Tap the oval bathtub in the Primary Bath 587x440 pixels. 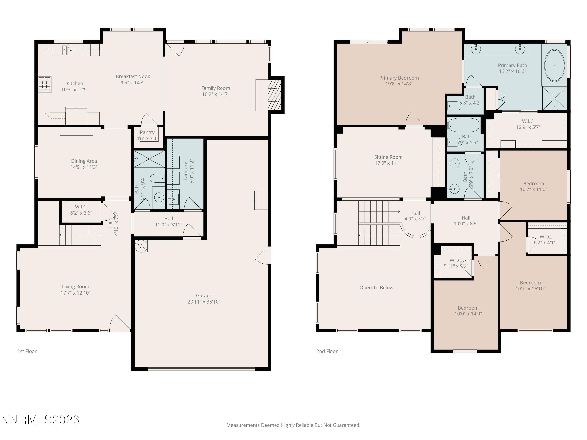(x=554, y=66)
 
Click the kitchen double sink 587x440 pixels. (x=68, y=50)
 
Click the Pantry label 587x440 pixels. (x=147, y=132)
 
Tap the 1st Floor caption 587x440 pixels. (x=27, y=351)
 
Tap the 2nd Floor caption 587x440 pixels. (x=327, y=351)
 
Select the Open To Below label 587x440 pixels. (x=376, y=287)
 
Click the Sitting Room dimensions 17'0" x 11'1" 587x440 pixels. (x=388, y=163)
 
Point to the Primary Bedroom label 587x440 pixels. (x=399, y=78)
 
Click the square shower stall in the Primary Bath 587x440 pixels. (x=554, y=98)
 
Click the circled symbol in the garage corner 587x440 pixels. (x=141, y=246)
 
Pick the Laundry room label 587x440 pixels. (x=185, y=171)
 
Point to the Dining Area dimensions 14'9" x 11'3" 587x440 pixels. (x=84, y=167)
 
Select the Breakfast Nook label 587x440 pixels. (x=133, y=76)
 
